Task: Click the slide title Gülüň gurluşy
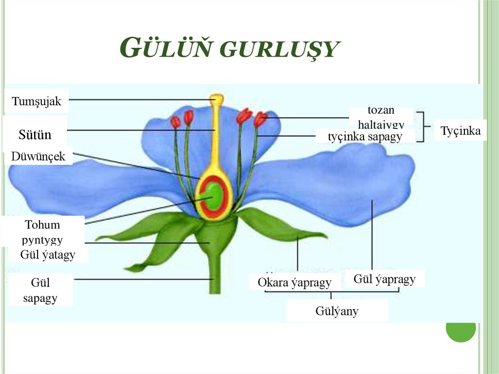[229, 49]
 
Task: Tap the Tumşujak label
[37, 101]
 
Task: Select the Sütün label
[35, 135]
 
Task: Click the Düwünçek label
[38, 157]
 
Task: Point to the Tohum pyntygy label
[43, 232]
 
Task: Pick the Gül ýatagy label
[48, 255]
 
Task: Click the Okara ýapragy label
[294, 282]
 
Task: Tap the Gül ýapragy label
[384, 279]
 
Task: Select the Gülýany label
[337, 311]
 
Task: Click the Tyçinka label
[461, 131]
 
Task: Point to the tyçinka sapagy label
[365, 137]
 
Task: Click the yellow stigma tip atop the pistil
[217, 99]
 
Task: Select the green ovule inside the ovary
[213, 194]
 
